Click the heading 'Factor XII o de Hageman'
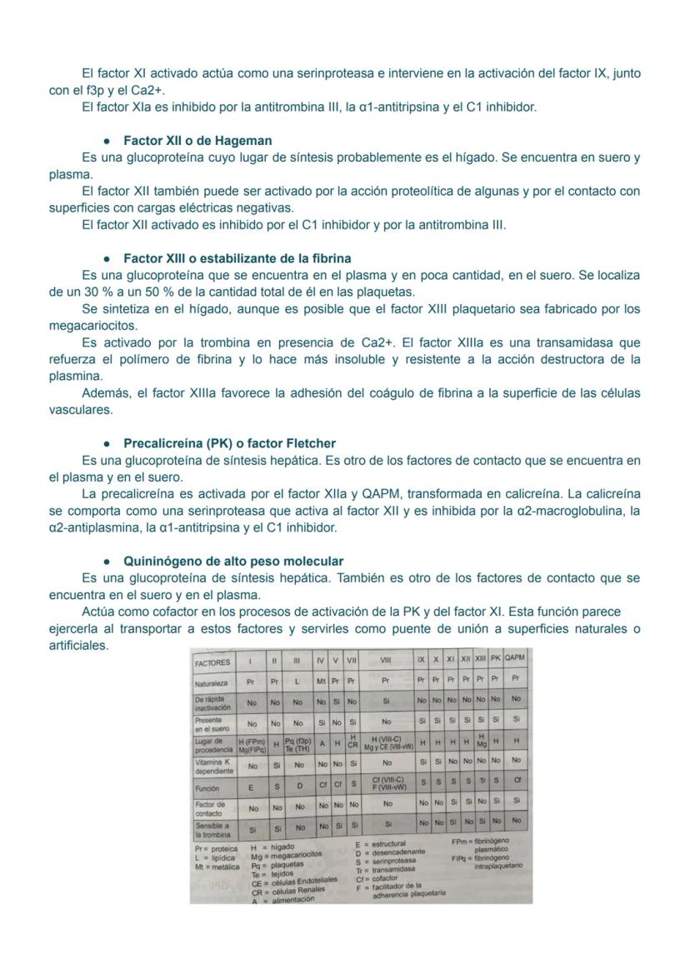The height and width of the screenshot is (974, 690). pyautogui.click(x=197, y=141)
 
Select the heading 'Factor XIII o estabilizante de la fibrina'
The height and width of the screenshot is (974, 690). pyautogui.click(x=237, y=258)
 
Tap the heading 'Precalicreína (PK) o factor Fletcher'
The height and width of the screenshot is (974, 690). pyautogui.click(x=229, y=443)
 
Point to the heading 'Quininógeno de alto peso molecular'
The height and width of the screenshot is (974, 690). pyautogui.click(x=233, y=562)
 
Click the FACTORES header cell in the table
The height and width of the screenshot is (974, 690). pyautogui.click(x=212, y=663)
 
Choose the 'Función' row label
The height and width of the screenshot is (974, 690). pyautogui.click(x=207, y=787)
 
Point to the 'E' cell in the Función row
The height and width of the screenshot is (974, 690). pyautogui.click(x=251, y=787)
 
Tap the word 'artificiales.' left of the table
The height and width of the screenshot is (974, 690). pyautogui.click(x=79, y=645)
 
